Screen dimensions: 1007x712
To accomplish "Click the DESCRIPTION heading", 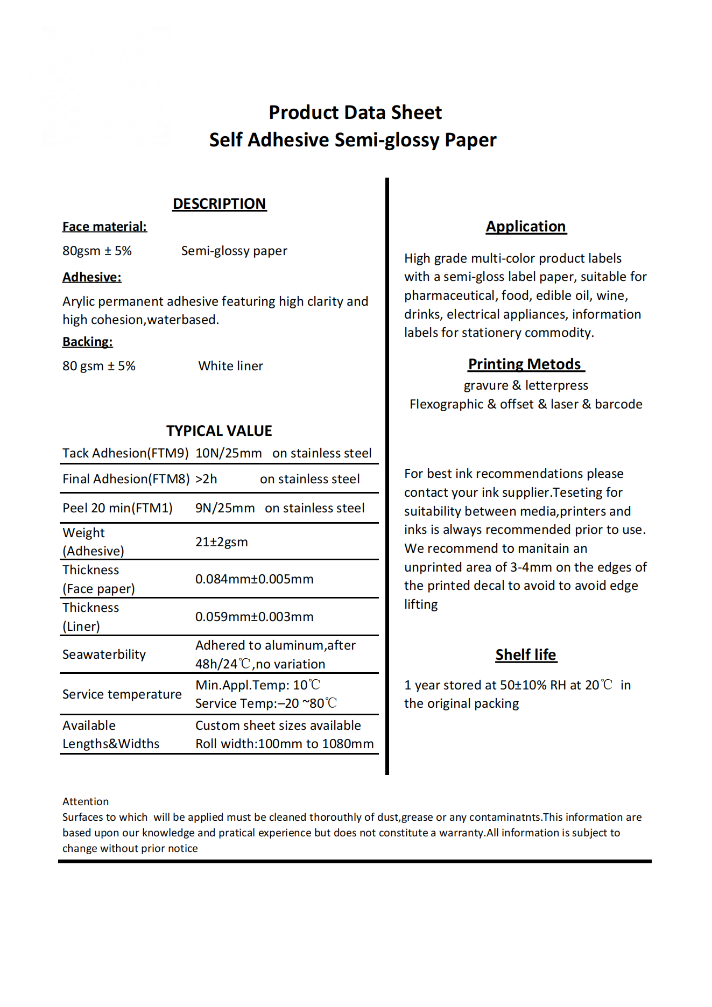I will (x=219, y=204).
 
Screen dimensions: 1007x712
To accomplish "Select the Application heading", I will (x=526, y=227).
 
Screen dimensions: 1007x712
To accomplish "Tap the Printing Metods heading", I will (x=525, y=364).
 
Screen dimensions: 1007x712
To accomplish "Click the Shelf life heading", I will (x=526, y=655).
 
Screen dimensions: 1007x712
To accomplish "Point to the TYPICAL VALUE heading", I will (x=219, y=431).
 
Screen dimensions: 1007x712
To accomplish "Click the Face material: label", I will (x=104, y=227).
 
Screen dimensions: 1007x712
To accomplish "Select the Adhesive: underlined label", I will (x=92, y=277).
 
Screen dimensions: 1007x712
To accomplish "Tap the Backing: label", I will (x=88, y=342).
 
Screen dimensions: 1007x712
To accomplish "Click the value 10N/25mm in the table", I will (x=228, y=453).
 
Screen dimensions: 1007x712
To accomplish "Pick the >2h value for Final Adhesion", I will (x=206, y=479).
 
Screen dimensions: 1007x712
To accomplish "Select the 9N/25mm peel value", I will (x=225, y=508).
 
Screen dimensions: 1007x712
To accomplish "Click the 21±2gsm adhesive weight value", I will (x=222, y=542).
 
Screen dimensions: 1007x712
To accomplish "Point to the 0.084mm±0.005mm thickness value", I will (x=254, y=579).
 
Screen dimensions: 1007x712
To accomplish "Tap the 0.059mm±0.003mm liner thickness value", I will (x=254, y=617).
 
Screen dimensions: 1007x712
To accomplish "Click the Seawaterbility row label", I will (x=104, y=654).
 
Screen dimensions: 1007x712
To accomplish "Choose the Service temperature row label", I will (x=122, y=694).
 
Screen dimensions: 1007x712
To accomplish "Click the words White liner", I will (x=230, y=366).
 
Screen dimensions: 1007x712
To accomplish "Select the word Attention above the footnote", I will (x=86, y=801).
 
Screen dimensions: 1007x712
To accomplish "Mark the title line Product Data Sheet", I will (x=355, y=112).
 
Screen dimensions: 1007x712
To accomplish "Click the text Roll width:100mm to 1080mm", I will (x=284, y=744).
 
